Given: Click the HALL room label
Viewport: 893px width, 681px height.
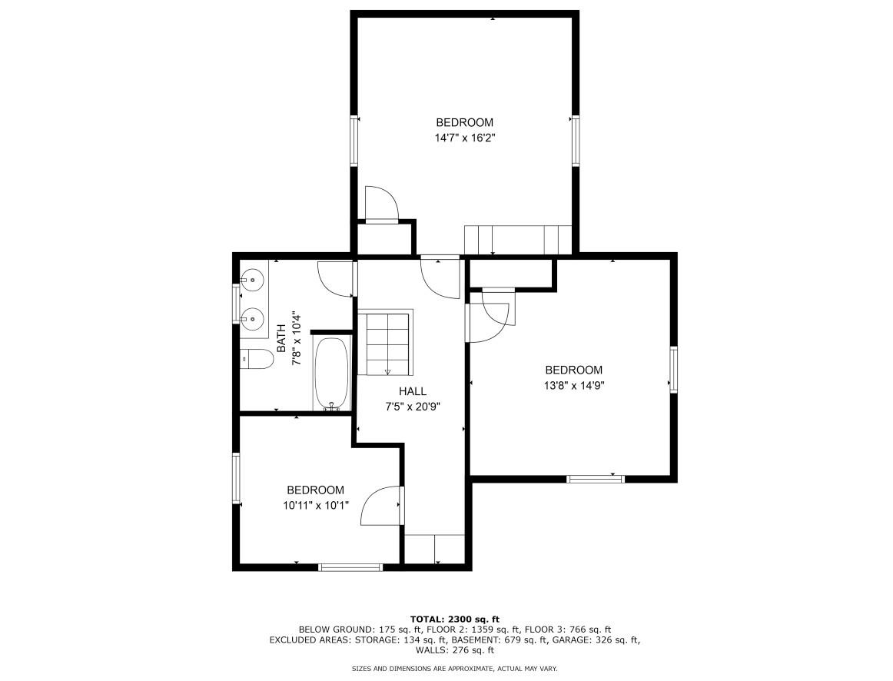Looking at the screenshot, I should click(x=412, y=391).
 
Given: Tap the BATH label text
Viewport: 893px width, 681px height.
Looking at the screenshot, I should click(x=281, y=338).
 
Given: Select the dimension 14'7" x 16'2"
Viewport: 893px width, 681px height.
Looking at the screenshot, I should click(x=464, y=138).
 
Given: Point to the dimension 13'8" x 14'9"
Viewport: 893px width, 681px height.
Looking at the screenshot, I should click(x=573, y=387).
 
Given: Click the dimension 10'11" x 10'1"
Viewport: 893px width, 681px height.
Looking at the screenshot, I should click(x=315, y=506).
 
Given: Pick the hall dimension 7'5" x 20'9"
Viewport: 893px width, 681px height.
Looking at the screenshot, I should click(x=412, y=407).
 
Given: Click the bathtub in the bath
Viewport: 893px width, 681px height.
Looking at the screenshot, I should click(x=332, y=374).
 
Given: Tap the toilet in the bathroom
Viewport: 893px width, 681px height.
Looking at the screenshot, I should click(x=256, y=359).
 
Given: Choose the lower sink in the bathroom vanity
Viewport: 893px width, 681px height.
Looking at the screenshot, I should click(x=252, y=317).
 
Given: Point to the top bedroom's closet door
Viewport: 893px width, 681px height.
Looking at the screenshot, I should click(x=382, y=204).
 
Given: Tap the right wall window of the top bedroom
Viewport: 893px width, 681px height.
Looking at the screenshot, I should click(x=574, y=141).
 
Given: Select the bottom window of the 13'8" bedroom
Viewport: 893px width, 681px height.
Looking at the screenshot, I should click(x=596, y=479).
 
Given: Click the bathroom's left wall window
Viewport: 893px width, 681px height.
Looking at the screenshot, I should click(x=237, y=301).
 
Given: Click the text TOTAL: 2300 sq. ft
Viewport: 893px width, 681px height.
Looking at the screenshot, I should click(x=455, y=619).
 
